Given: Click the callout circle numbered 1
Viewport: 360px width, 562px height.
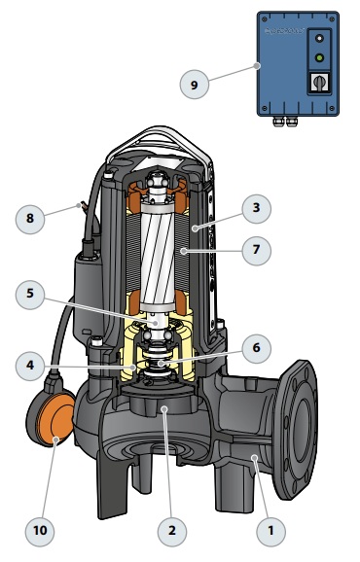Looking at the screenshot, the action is tap(271, 531).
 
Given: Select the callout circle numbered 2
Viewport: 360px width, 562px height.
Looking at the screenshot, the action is tap(172, 531).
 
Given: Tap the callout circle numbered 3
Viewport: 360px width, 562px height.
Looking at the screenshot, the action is tap(256, 209).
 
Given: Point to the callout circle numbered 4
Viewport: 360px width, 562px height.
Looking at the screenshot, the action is tap(30, 366).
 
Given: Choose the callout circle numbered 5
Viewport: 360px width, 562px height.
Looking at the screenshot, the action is tap(30, 295).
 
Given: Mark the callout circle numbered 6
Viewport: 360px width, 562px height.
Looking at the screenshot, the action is tap(256, 348).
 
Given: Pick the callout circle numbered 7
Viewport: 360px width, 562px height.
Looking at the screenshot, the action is tap(256, 250).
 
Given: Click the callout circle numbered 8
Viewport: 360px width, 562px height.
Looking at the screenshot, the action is tap(30, 219).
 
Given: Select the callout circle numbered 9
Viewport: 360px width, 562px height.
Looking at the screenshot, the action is tap(194, 85).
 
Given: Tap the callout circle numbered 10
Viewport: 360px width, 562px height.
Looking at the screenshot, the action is tap(40, 531).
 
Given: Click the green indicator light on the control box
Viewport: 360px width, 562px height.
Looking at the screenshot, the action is tap(319, 57).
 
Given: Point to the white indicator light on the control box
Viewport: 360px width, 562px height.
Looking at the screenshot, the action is tap(319, 38).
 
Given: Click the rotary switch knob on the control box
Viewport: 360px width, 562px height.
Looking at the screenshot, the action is tap(319, 83).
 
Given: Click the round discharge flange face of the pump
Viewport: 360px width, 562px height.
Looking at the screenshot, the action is tap(296, 430).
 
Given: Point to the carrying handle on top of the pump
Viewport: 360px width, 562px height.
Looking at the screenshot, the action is tap(162, 143).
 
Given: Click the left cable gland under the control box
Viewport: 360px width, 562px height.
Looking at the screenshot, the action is tap(278, 122).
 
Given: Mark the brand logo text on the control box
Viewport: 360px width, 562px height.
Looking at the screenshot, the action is tap(284, 31).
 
